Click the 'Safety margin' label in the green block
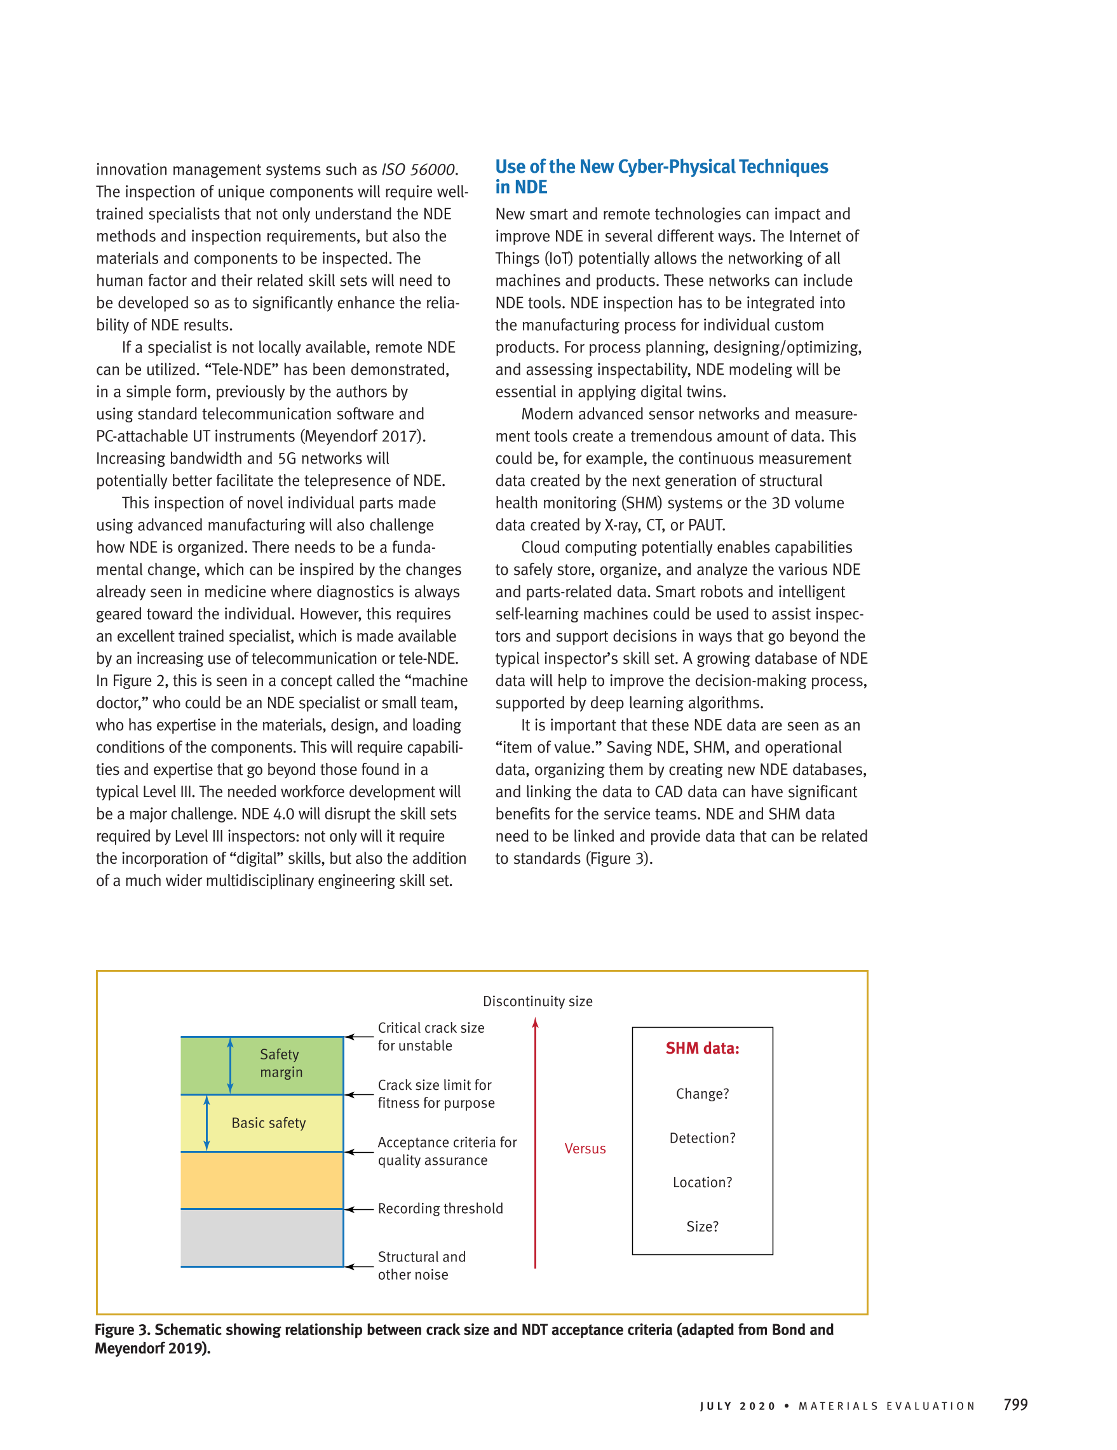pos(280,1063)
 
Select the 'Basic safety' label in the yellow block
pos(268,1123)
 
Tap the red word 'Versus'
pos(585,1148)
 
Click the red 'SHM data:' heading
pos(702,1049)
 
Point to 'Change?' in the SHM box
pos(702,1094)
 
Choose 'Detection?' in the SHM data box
pos(702,1138)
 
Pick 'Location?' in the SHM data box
pos(702,1183)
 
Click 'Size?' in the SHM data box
pos(702,1226)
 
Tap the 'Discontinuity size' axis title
pos(538,1001)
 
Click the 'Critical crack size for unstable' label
pos(430,1037)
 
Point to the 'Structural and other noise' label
pos(421,1265)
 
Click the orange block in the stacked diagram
pos(262,1180)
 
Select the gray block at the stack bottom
pos(262,1237)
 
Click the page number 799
pos(1015,1404)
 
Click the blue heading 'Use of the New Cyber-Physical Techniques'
pos(661,166)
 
